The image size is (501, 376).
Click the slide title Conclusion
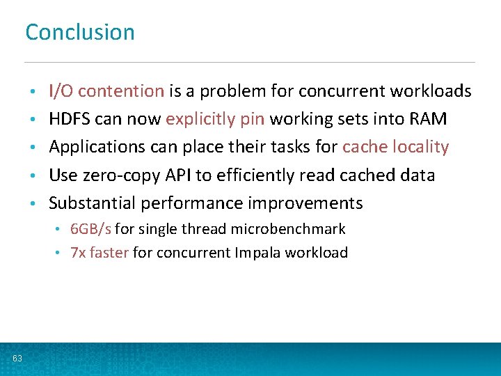click(80, 32)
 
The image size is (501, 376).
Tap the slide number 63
click(17, 359)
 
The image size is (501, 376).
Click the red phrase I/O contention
click(106, 91)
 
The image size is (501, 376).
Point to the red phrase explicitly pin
click(215, 120)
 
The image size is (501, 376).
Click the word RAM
click(429, 119)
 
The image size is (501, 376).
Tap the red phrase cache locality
click(396, 147)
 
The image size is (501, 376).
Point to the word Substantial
click(92, 203)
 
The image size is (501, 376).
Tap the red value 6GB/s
click(90, 229)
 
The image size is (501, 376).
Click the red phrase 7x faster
click(100, 253)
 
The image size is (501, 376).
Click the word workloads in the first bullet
click(431, 91)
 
